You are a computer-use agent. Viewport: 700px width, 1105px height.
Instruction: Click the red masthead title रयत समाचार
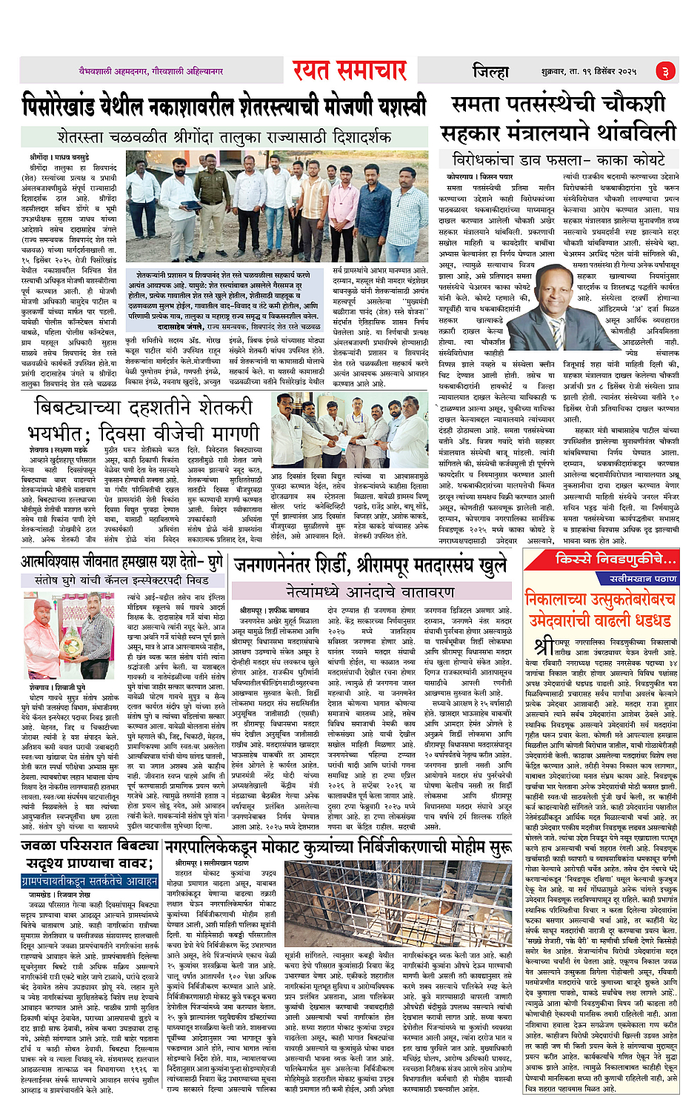350,70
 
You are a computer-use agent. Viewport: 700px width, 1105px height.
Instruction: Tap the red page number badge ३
664,71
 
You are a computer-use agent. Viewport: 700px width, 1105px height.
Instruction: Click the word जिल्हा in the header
490,71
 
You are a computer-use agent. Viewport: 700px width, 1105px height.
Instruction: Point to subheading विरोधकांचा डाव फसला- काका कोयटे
559,159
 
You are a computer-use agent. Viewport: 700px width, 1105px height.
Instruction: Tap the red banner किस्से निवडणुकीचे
617,559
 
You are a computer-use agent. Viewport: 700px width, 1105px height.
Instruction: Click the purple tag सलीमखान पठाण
643,578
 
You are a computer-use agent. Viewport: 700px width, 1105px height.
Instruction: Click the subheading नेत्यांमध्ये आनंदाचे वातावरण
370,591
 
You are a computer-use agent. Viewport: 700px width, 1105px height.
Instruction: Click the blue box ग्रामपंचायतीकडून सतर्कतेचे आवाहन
90,881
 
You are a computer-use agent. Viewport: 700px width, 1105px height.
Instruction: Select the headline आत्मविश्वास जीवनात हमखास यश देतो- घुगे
122,561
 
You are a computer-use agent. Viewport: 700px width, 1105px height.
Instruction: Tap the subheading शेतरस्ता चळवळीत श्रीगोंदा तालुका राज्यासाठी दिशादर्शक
224,137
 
